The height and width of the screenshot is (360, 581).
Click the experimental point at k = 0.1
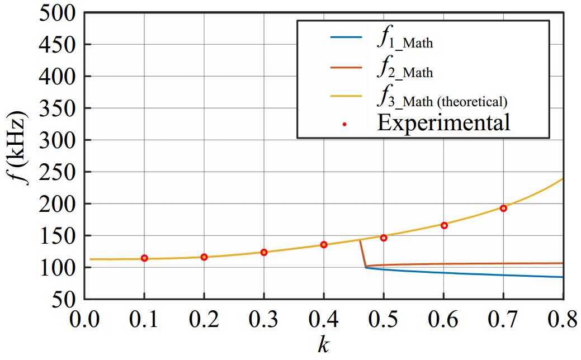tap(144, 258)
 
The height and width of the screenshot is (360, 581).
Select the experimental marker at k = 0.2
tap(204, 257)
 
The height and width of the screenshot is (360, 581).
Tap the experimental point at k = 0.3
tap(264, 252)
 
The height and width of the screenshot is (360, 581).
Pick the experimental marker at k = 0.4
tap(324, 244)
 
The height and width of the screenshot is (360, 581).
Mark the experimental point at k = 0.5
tap(384, 238)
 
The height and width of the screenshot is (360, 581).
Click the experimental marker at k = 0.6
tap(444, 225)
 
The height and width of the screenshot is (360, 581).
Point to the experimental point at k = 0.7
tap(503, 208)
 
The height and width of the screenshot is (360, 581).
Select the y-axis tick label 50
tap(65, 300)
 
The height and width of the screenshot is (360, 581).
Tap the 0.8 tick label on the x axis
tap(562, 322)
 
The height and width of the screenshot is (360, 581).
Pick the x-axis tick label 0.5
tap(384, 322)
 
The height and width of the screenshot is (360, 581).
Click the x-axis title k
tap(323, 345)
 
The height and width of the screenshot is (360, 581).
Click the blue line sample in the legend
tap(347, 37)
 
